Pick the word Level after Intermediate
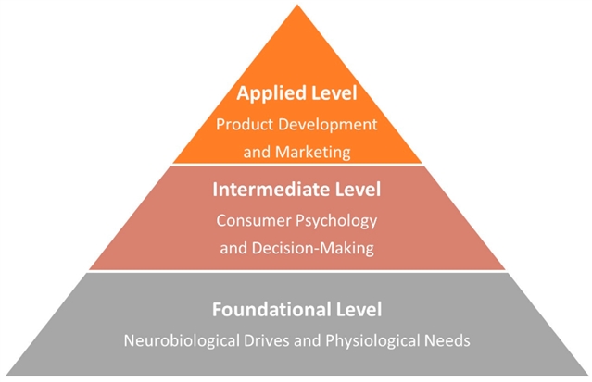click(356, 190)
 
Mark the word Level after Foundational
click(357, 308)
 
